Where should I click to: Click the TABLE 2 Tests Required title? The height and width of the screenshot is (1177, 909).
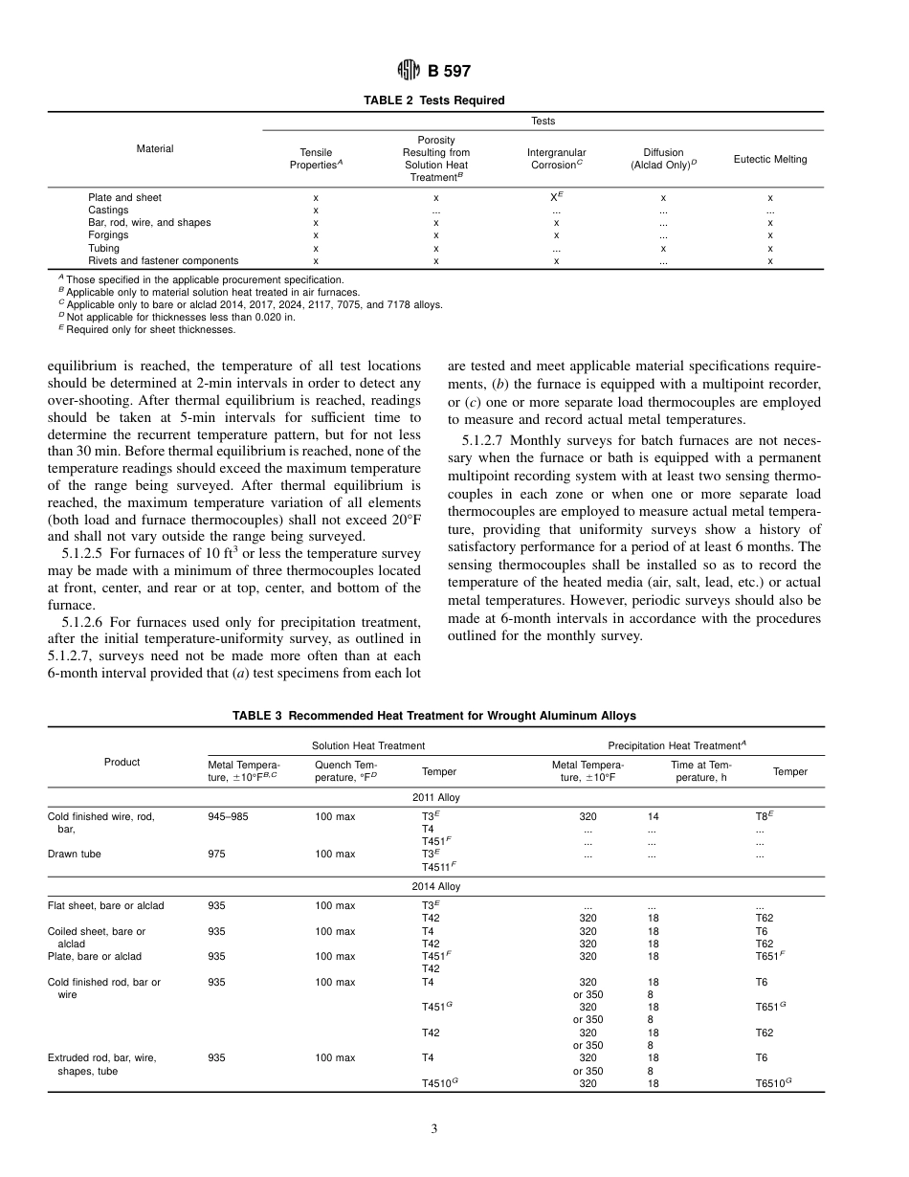coord(434,100)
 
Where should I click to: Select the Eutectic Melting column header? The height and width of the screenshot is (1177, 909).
coord(769,159)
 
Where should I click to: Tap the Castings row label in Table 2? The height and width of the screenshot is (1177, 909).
coord(108,210)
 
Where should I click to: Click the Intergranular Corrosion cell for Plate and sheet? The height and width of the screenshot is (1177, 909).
coord(557,197)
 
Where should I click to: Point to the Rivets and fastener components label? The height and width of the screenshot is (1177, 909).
coord(164,260)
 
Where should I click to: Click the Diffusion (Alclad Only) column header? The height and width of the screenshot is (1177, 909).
coord(663,159)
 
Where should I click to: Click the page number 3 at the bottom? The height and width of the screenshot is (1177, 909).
coord(433,1129)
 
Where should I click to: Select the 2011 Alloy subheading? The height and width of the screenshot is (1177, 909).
coord(435,796)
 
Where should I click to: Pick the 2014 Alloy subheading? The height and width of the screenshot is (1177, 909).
coord(435,886)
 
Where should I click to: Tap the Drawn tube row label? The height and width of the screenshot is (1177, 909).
coord(75,854)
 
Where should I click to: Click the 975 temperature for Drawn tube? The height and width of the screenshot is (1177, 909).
coord(217,854)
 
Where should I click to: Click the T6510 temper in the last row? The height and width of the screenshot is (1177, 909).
coord(773,1083)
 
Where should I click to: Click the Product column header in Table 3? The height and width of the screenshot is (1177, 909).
coord(122,762)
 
